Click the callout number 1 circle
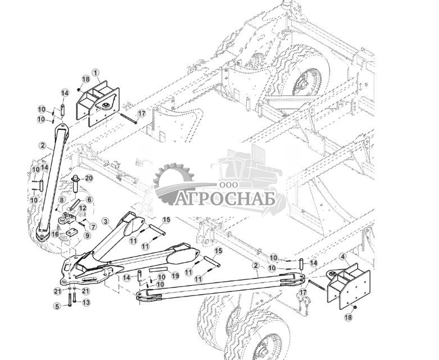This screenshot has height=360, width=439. tap(96, 72)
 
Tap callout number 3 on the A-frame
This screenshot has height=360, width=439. tap(105, 221)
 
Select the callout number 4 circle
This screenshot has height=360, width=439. tap(343, 256)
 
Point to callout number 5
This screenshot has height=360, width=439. tap(57, 306)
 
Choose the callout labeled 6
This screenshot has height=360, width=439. tap(89, 199)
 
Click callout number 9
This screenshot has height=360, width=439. tap(87, 235)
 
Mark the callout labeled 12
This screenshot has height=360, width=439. tap(83, 208)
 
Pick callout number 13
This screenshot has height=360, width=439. tap(87, 302)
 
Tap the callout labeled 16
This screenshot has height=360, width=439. tap(55, 233)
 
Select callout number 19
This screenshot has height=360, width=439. tap(175, 275)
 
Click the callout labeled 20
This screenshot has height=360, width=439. tap(89, 179)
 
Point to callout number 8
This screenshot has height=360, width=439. tap(61, 200)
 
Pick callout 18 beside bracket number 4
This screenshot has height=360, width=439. tap(347, 317)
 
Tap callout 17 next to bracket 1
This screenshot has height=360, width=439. tap(142, 113)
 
